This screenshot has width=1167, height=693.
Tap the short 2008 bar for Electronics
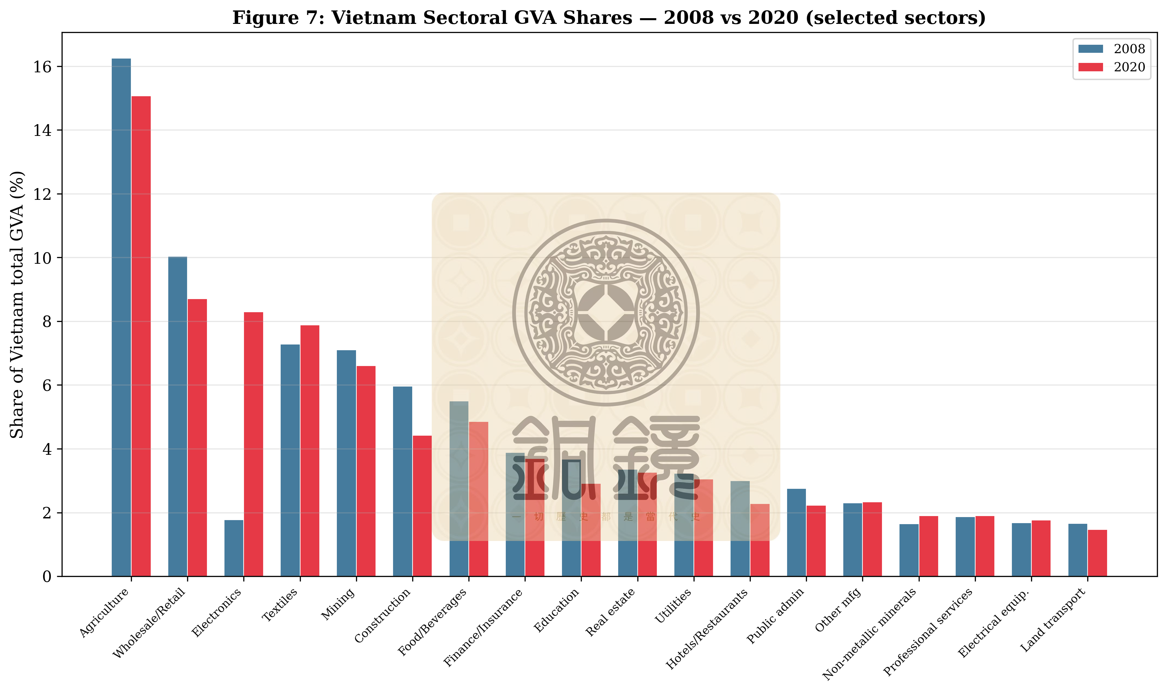pos(234,548)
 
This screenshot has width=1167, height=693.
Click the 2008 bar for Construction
pos(402,481)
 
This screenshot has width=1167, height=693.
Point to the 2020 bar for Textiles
pos(310,451)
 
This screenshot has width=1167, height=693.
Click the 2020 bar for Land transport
pos(1097,553)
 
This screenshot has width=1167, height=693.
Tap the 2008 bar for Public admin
pos(796,532)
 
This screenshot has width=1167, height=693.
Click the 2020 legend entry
pos(1111,67)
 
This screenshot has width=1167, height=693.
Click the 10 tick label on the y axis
pos(42,258)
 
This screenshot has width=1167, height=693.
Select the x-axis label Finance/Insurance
pos(483,628)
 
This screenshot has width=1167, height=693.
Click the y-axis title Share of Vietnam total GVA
pos(17,304)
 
